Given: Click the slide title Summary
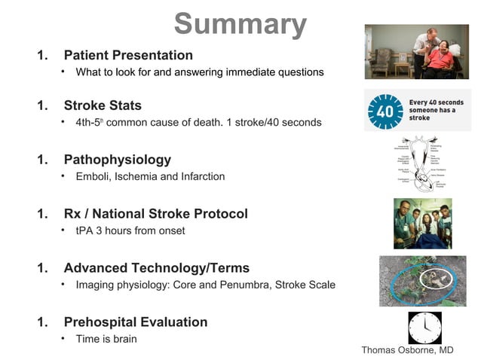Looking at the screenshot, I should click(240, 24).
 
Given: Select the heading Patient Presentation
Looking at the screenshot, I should click(128, 55).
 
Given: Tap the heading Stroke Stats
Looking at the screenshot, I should click(103, 105).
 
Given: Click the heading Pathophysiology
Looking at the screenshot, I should click(117, 160).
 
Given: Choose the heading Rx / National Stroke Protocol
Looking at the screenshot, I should click(155, 214).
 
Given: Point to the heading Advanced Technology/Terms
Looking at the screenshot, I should click(156, 268).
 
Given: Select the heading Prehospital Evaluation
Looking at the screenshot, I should click(135, 322).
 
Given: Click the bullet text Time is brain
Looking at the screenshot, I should click(106, 339).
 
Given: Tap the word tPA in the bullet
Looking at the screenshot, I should click(84, 230).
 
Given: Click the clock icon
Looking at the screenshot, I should click(424, 328).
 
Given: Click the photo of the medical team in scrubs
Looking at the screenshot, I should click(422, 224).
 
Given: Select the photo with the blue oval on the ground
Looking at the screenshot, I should click(422, 280).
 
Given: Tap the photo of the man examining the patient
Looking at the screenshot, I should click(416, 52).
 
